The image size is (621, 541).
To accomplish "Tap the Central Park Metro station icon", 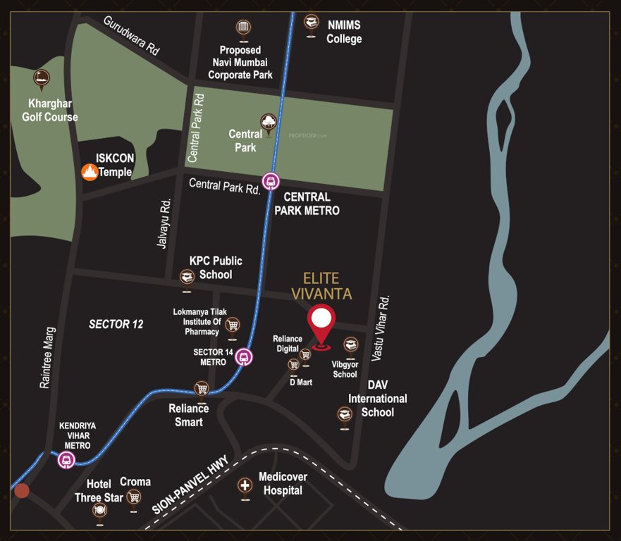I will click(x=271, y=181).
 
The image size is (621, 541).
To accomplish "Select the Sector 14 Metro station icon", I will click(x=244, y=356).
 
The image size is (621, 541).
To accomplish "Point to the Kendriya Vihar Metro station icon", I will click(x=66, y=460).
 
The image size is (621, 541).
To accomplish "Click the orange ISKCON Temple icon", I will click(x=90, y=172).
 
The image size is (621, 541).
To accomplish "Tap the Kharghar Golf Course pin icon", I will click(x=42, y=77).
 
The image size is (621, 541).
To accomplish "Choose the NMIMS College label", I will click(x=343, y=32).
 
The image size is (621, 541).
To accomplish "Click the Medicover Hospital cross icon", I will click(x=245, y=485).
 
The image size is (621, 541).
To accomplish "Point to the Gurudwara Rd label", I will click(x=132, y=36).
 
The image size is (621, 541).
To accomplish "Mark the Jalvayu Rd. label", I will click(x=163, y=223).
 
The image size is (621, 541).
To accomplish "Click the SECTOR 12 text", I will click(x=116, y=324).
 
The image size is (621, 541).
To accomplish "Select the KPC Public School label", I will click(x=215, y=268).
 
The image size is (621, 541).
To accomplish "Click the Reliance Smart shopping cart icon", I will click(x=202, y=388).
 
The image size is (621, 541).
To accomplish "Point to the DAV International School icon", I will click(x=344, y=414).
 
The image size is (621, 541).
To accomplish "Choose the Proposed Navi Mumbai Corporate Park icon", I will click(x=242, y=27).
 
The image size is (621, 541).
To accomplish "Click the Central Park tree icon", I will click(x=269, y=123).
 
